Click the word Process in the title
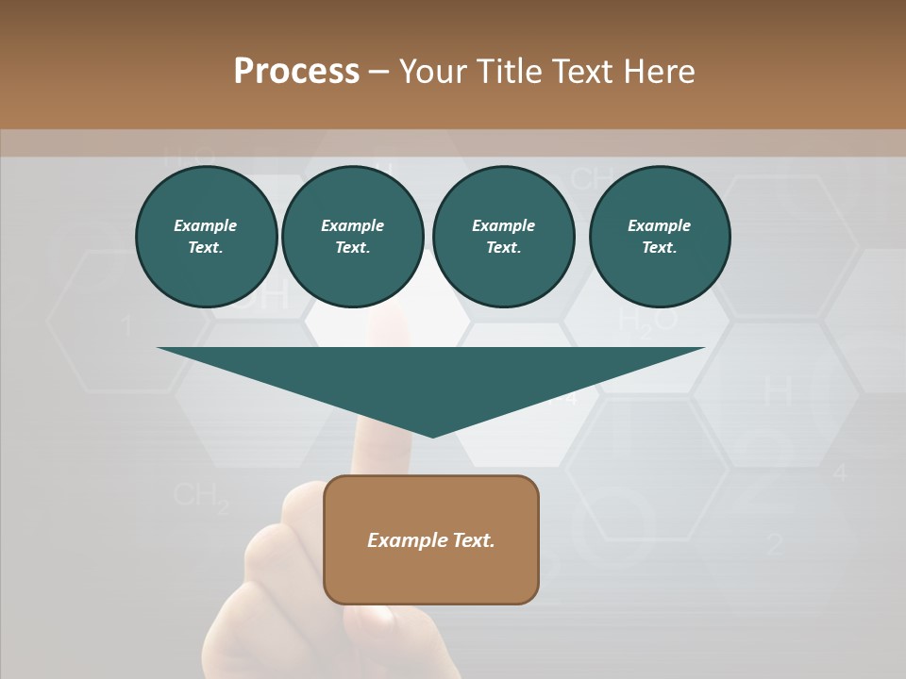(x=296, y=72)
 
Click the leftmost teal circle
(x=206, y=236)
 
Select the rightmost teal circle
(x=660, y=236)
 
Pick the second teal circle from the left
(x=352, y=236)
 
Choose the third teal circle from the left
(x=503, y=236)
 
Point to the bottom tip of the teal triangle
(x=432, y=436)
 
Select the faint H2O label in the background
(x=647, y=321)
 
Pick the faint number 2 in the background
(x=775, y=543)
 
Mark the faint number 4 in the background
(x=839, y=473)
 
